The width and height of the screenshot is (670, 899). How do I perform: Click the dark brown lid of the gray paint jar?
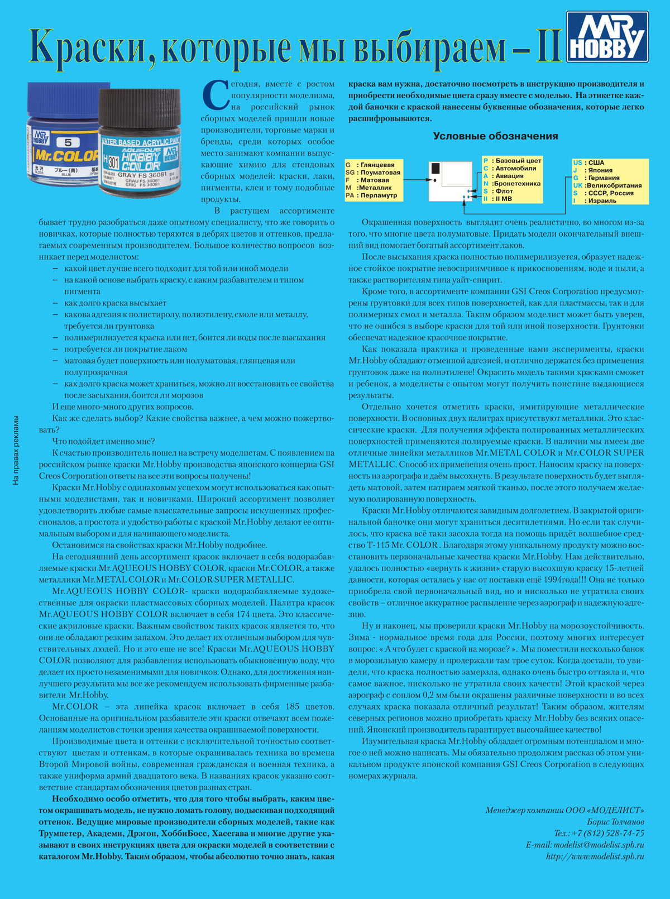click(x=140, y=109)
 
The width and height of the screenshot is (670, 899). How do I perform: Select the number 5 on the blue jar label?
click(x=68, y=143)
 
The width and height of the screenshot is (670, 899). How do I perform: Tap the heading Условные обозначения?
click(x=495, y=136)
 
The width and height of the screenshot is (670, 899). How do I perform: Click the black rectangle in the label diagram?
click(x=436, y=168)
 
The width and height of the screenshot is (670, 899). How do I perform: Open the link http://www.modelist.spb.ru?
click(x=595, y=856)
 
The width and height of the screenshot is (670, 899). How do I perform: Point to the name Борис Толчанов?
click(x=615, y=821)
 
